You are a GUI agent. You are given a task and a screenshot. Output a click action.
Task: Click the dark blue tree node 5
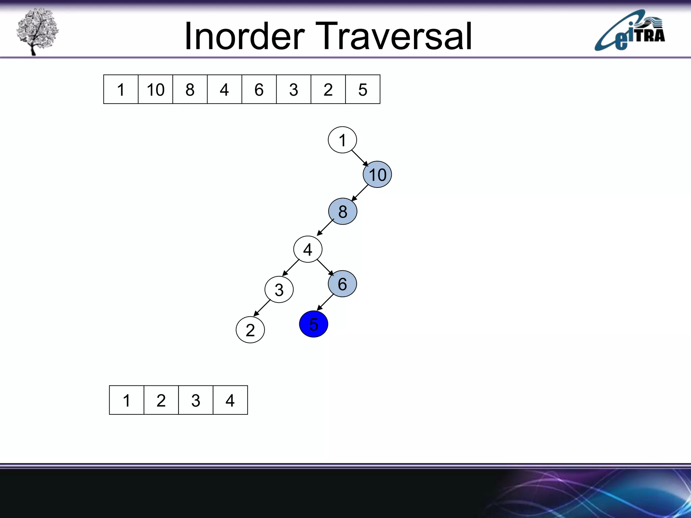click(x=313, y=324)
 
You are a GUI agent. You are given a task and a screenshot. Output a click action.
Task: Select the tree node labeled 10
click(x=377, y=174)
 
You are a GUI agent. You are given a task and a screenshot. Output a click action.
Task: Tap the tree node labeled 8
click(x=342, y=211)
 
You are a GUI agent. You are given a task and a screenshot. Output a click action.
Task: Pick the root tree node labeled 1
click(x=342, y=140)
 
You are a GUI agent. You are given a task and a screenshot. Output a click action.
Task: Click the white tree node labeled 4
click(x=308, y=250)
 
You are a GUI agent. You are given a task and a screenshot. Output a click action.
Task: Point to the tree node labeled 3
click(x=279, y=290)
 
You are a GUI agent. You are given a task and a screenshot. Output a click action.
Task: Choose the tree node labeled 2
click(x=250, y=330)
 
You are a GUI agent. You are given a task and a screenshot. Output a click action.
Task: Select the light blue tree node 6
click(x=342, y=284)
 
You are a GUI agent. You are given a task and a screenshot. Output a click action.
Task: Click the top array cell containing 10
click(x=156, y=89)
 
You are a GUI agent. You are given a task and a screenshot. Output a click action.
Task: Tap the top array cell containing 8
click(x=190, y=89)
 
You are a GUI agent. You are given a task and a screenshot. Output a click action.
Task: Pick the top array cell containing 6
click(x=259, y=89)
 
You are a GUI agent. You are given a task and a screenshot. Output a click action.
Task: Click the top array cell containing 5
click(x=363, y=89)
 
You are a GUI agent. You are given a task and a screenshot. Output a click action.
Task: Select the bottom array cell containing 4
click(x=230, y=400)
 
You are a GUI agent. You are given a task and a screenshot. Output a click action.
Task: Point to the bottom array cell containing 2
click(x=161, y=400)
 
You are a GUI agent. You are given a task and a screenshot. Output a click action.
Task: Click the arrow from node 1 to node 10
click(x=360, y=158)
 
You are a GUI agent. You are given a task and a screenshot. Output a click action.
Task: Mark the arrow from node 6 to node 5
click(x=325, y=302)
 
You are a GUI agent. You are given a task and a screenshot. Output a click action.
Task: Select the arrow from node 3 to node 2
click(x=262, y=308)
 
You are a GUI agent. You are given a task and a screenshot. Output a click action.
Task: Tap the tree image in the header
click(x=37, y=31)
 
